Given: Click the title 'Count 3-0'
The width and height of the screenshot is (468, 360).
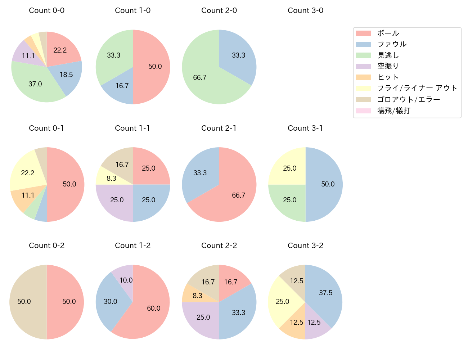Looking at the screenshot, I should (x=305, y=10).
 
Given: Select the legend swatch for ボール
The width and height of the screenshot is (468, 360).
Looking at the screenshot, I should (x=363, y=33).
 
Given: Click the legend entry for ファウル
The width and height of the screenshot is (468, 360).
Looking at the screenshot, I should (x=392, y=44).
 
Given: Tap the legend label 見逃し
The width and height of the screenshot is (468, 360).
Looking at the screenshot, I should (x=388, y=55).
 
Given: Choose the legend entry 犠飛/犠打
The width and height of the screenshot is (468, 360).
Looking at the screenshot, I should (x=393, y=111).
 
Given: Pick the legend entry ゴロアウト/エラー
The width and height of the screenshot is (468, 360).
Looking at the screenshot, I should (x=409, y=99).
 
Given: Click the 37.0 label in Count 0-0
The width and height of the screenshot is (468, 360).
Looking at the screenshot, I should (x=35, y=84).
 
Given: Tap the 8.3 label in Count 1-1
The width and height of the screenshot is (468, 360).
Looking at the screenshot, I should (x=112, y=178).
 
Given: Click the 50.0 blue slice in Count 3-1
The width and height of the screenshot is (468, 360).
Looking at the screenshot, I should (x=326, y=184).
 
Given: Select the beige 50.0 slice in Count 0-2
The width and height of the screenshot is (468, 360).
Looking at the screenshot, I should (x=25, y=302).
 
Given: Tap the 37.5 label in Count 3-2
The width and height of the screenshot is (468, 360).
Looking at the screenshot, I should (x=326, y=293).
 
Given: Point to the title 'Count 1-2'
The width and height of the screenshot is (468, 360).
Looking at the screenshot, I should (x=132, y=246).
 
